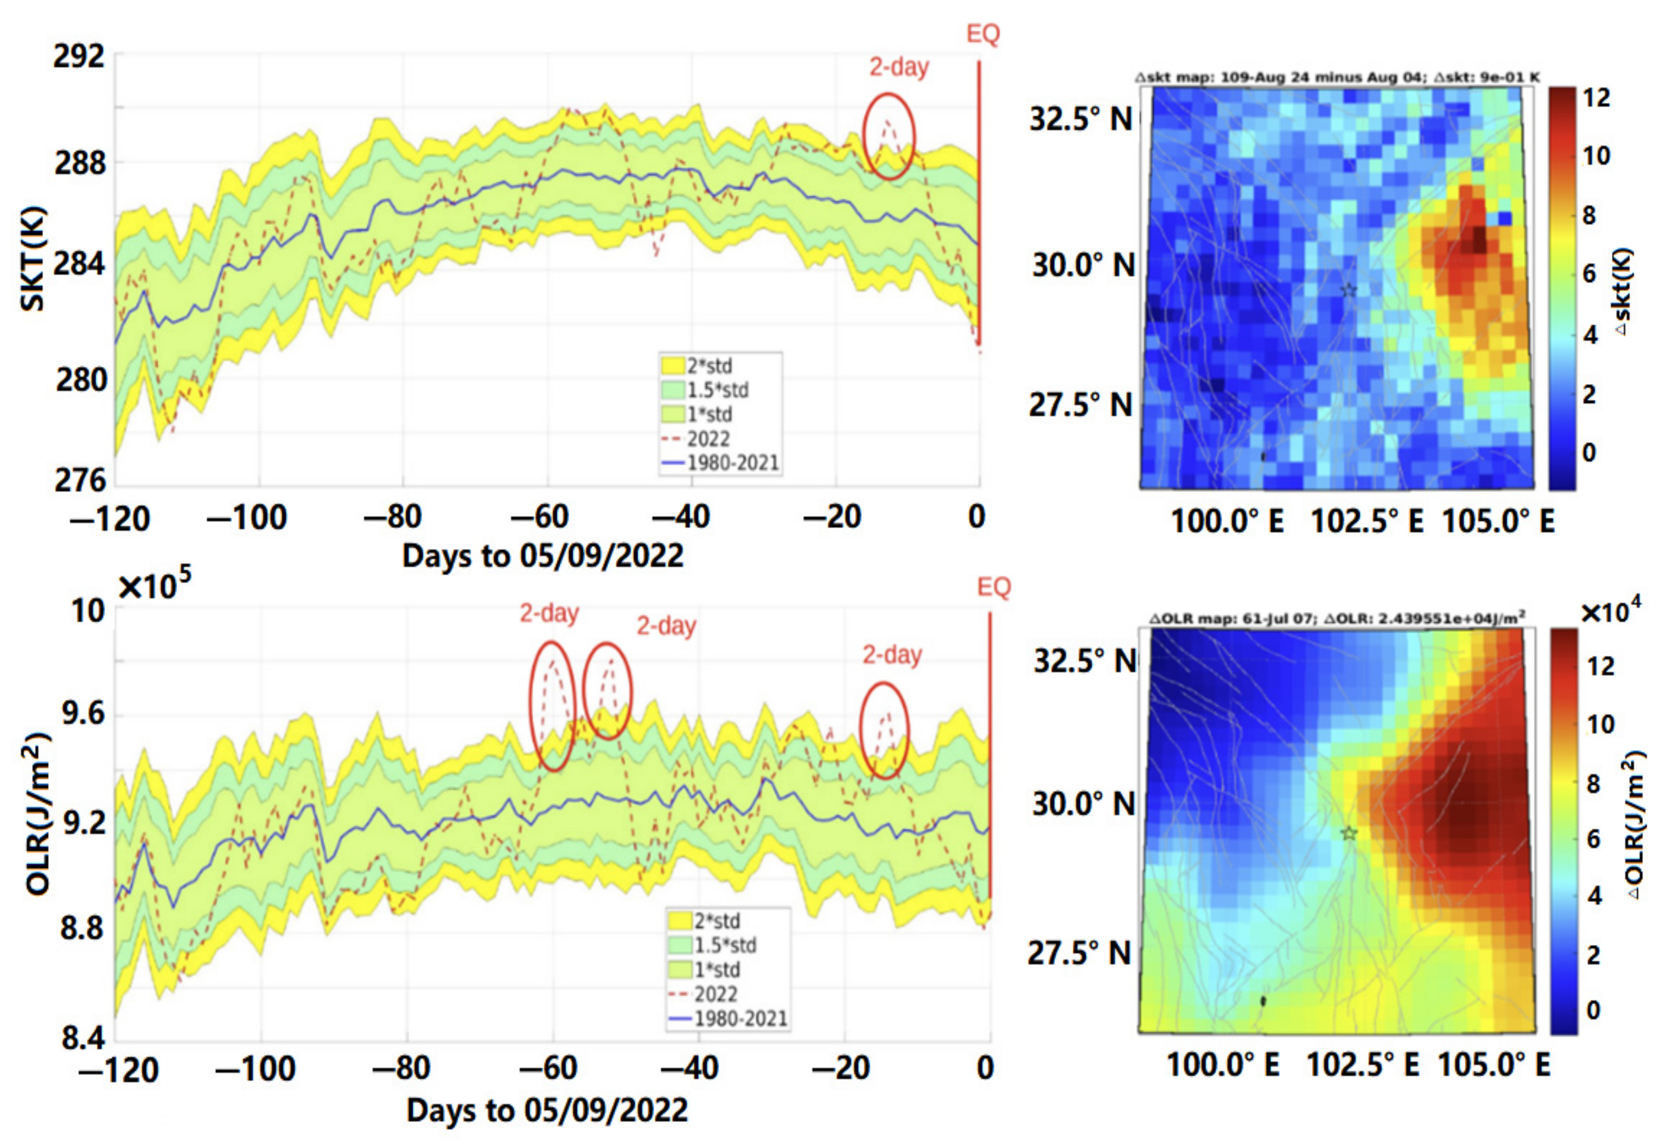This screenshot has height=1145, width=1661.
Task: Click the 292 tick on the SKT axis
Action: pos(79,56)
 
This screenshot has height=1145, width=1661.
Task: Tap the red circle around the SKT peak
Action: pos(889,136)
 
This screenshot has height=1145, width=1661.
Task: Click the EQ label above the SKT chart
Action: pos(983,34)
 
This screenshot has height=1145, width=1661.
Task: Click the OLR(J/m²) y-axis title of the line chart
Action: pos(37,814)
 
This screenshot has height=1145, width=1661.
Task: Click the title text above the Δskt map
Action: pos(1338,77)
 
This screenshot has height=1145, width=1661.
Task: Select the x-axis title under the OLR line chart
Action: pos(547,1111)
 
